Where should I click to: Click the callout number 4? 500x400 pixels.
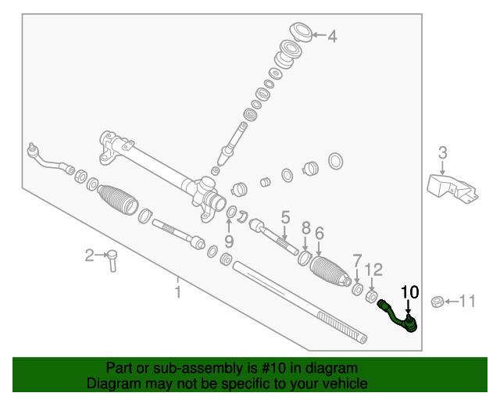point(332,36)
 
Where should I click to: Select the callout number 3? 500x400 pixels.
point(442,152)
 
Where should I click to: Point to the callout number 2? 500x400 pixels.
point(90,255)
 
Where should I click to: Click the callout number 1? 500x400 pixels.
point(178,292)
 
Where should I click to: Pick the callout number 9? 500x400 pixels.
point(229,240)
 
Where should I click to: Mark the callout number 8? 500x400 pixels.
point(306,229)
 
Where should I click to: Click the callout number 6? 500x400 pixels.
point(319,232)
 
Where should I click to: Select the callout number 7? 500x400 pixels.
point(357,260)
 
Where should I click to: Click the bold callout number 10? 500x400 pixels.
point(409,293)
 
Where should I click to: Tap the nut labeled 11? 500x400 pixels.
point(437,301)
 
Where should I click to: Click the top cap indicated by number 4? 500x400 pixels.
point(300,33)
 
